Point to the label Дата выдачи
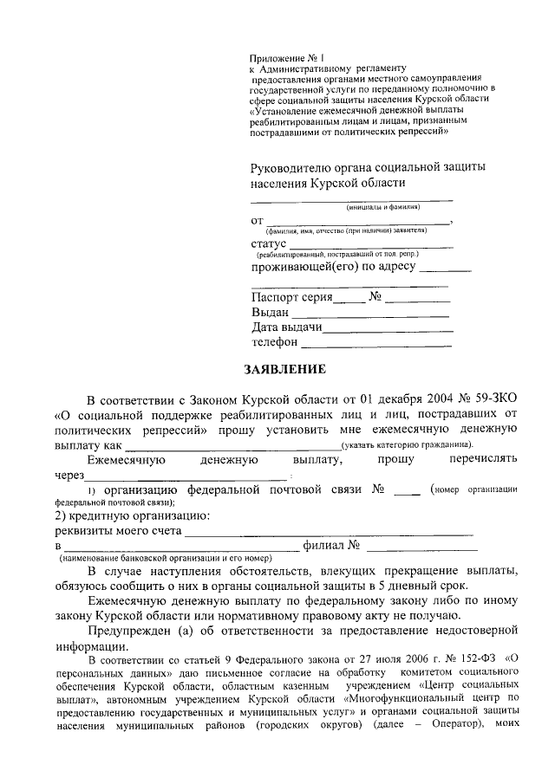tap(287, 327)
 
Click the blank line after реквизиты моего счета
tap(329, 533)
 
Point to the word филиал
tap(323, 548)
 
